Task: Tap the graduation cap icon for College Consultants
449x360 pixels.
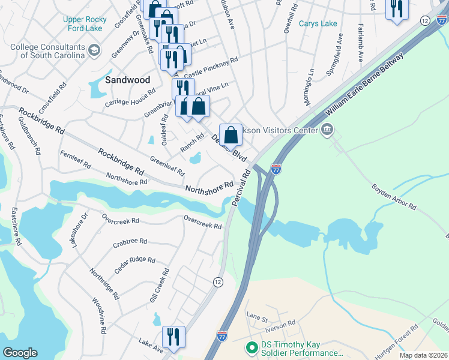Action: click(94, 52)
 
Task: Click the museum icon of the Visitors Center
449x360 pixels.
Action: click(327, 129)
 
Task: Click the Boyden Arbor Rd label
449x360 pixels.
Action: click(394, 197)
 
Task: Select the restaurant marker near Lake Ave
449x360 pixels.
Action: click(173, 337)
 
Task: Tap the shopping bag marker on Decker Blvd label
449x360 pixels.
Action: click(231, 135)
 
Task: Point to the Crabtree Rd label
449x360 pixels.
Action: click(130, 242)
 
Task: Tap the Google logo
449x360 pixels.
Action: click(20, 353)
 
